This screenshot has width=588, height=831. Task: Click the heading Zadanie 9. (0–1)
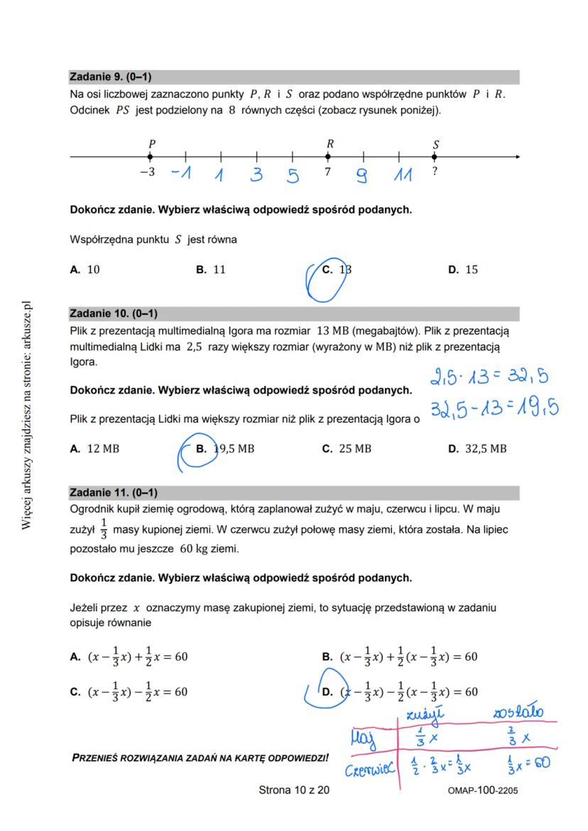click(110, 77)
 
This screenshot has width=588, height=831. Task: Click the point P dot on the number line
click(151, 157)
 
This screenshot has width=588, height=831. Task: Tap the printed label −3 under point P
click(147, 172)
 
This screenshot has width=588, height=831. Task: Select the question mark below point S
click(434, 172)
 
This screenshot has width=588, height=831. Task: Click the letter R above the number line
click(330, 143)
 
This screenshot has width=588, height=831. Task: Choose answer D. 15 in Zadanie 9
click(463, 270)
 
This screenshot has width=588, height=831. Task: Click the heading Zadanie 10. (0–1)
click(113, 313)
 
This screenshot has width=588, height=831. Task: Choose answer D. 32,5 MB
click(477, 448)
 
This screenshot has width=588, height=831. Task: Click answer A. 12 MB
click(94, 448)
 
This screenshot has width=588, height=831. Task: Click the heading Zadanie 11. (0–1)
click(113, 492)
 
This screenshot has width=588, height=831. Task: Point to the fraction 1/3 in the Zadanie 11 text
click(104, 530)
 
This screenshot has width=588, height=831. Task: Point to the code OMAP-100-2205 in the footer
click(483, 791)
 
